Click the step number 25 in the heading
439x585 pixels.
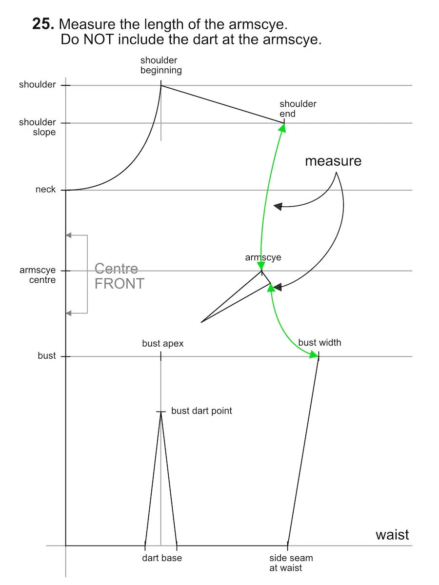pos(42,24)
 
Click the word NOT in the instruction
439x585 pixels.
pos(99,39)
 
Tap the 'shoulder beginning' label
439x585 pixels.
pos(161,65)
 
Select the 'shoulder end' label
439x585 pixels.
pos(298,109)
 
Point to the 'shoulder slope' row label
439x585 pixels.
pos(38,127)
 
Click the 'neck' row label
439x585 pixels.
pos(45,189)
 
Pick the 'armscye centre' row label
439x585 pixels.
pos(38,275)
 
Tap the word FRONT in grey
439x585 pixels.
pos(120,283)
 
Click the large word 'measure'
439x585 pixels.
pos(333,161)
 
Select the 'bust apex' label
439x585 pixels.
pos(163,344)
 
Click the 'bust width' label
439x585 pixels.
pos(319,343)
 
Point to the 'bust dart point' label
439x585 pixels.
pos(201,410)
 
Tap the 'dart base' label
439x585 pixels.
pos(162,558)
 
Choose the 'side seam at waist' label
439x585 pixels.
pos(291,563)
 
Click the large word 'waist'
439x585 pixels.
pos(392,535)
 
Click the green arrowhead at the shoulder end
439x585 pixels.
pos(282,128)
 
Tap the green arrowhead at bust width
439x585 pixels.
pos(314,354)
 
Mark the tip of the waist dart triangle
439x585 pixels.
pos(161,412)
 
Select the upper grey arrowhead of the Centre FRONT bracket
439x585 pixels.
pos(68,235)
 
